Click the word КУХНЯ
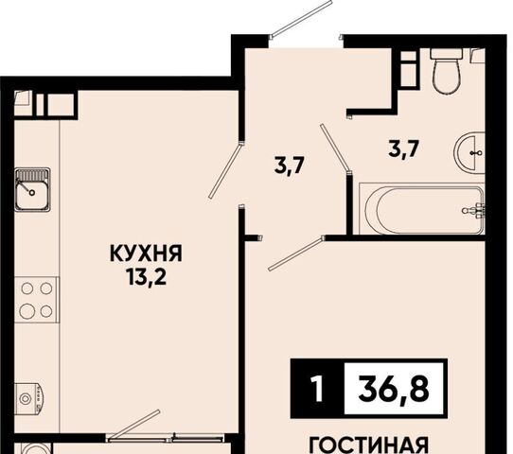pos(146,253)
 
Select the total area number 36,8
pos(394,390)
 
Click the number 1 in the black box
pos(317,389)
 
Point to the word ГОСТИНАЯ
pos(369,445)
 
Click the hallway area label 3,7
pos(290,166)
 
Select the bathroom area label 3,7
pos(404,149)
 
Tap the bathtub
pos(421,209)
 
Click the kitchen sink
pos(32,189)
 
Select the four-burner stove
pos(37,300)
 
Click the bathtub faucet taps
pos(475,210)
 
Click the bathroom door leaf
pos(335,148)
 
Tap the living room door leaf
pos(297,253)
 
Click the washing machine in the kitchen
pos(28,397)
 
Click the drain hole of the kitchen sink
pos(32,193)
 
